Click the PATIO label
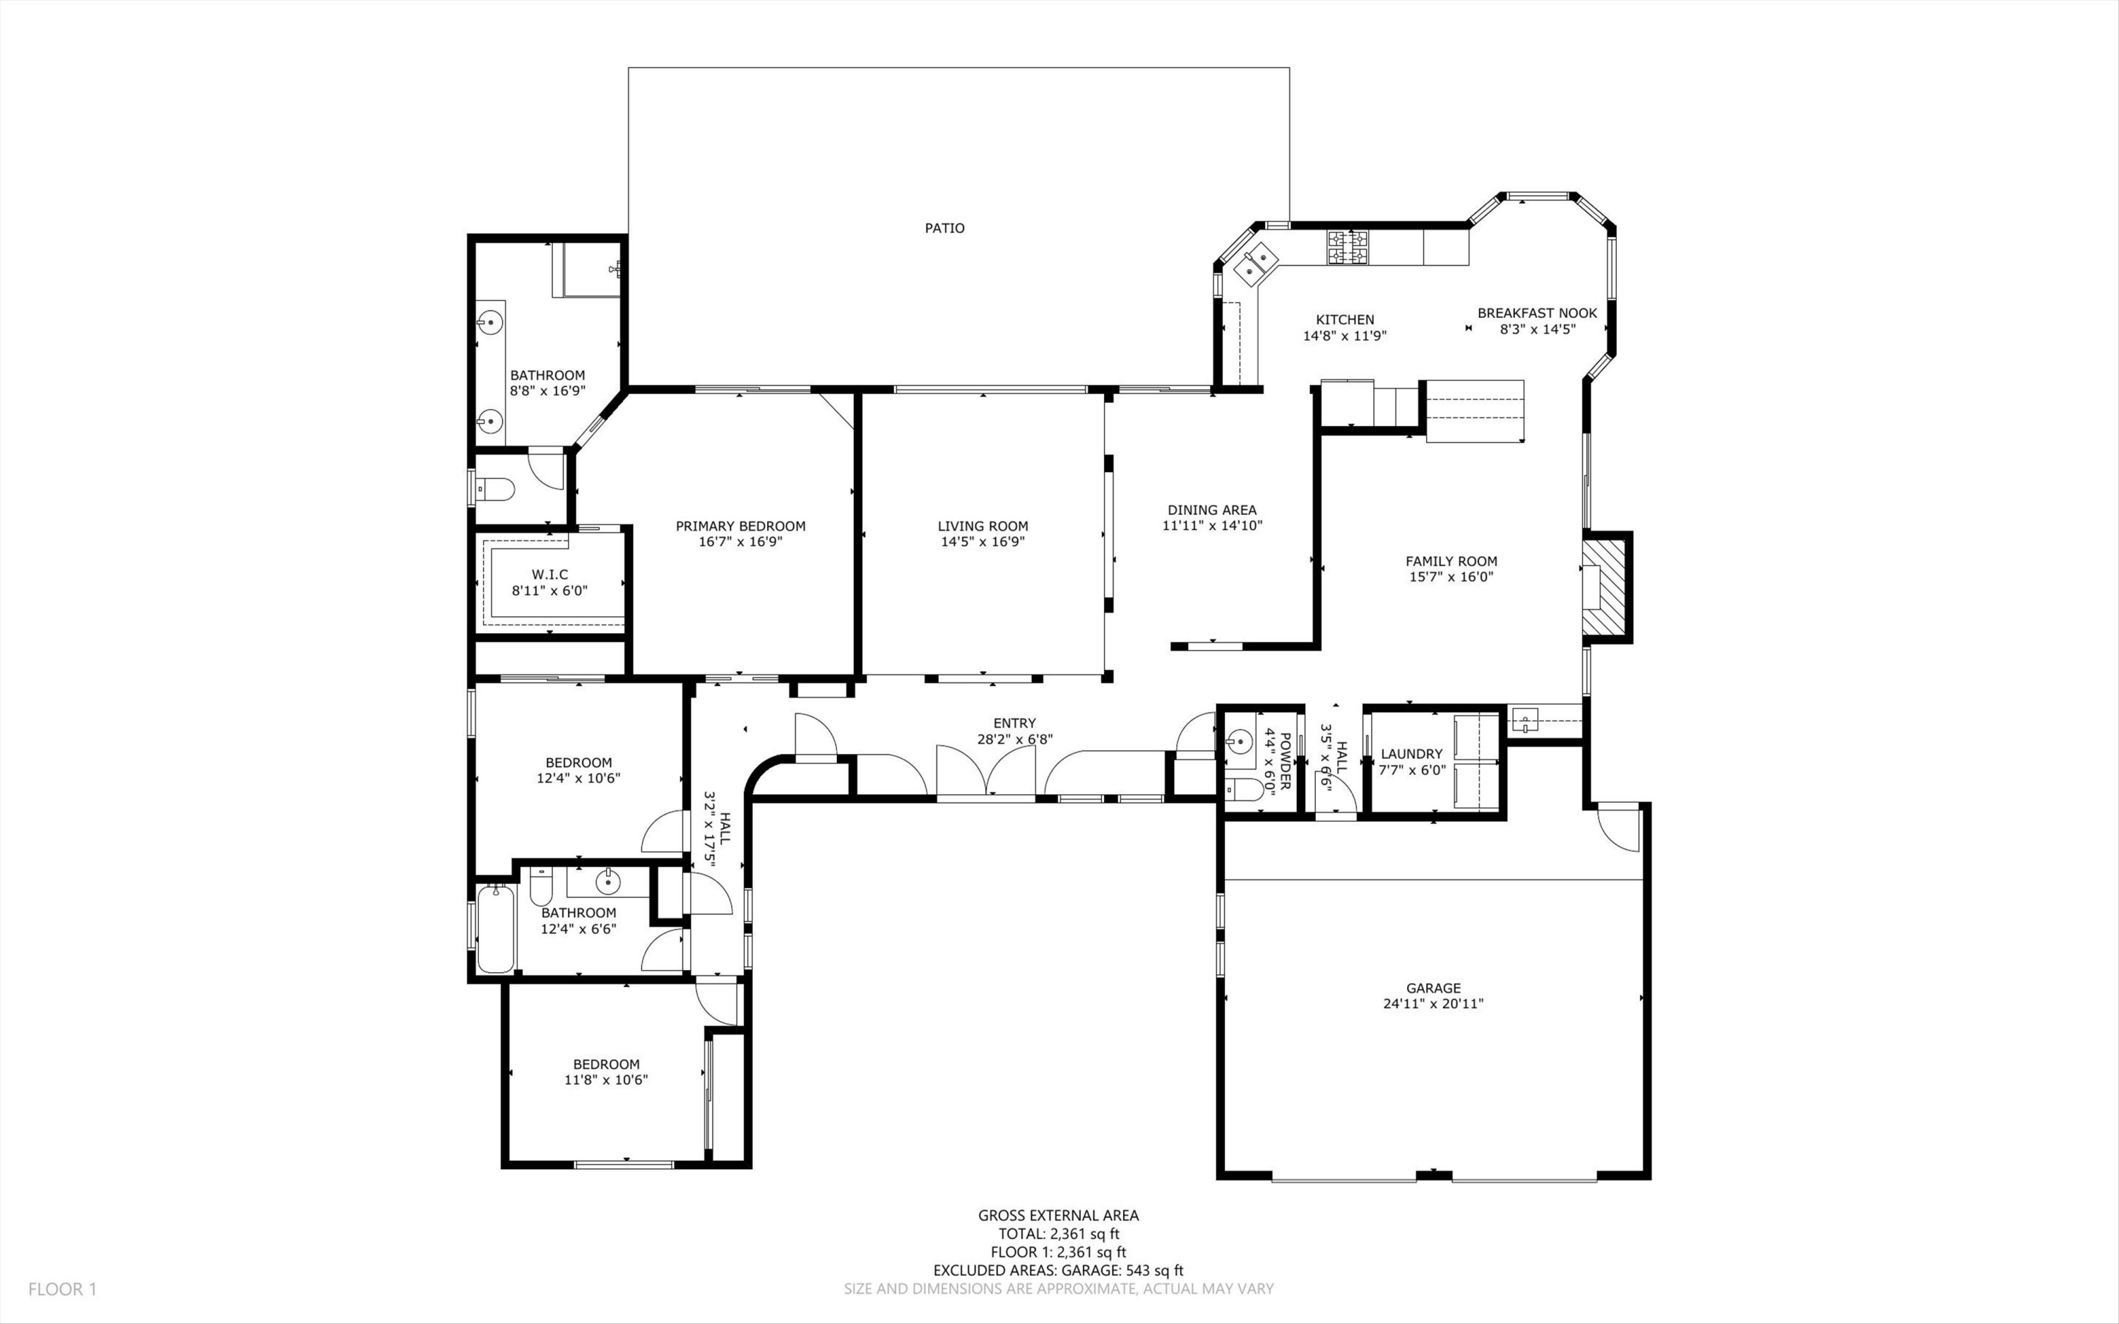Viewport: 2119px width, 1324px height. pos(944,227)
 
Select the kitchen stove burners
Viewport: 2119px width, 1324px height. pos(1347,247)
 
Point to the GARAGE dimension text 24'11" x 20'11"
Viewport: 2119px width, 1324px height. pos(1433,1003)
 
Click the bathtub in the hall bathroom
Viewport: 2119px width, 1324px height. pos(495,929)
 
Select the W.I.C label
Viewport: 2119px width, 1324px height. pos(550,574)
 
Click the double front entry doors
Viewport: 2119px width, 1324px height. pos(985,772)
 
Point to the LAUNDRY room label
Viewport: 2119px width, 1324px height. pos(1411,754)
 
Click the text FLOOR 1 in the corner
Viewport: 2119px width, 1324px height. pos(62,1289)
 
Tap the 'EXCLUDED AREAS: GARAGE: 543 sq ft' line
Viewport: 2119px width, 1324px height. pos(1057,1270)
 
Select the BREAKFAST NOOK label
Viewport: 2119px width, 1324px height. pos(1537,312)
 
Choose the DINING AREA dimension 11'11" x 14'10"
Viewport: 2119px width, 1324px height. pos(1211,526)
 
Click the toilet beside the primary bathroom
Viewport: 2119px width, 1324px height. pos(495,489)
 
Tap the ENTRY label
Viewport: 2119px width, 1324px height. pos(1014,723)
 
